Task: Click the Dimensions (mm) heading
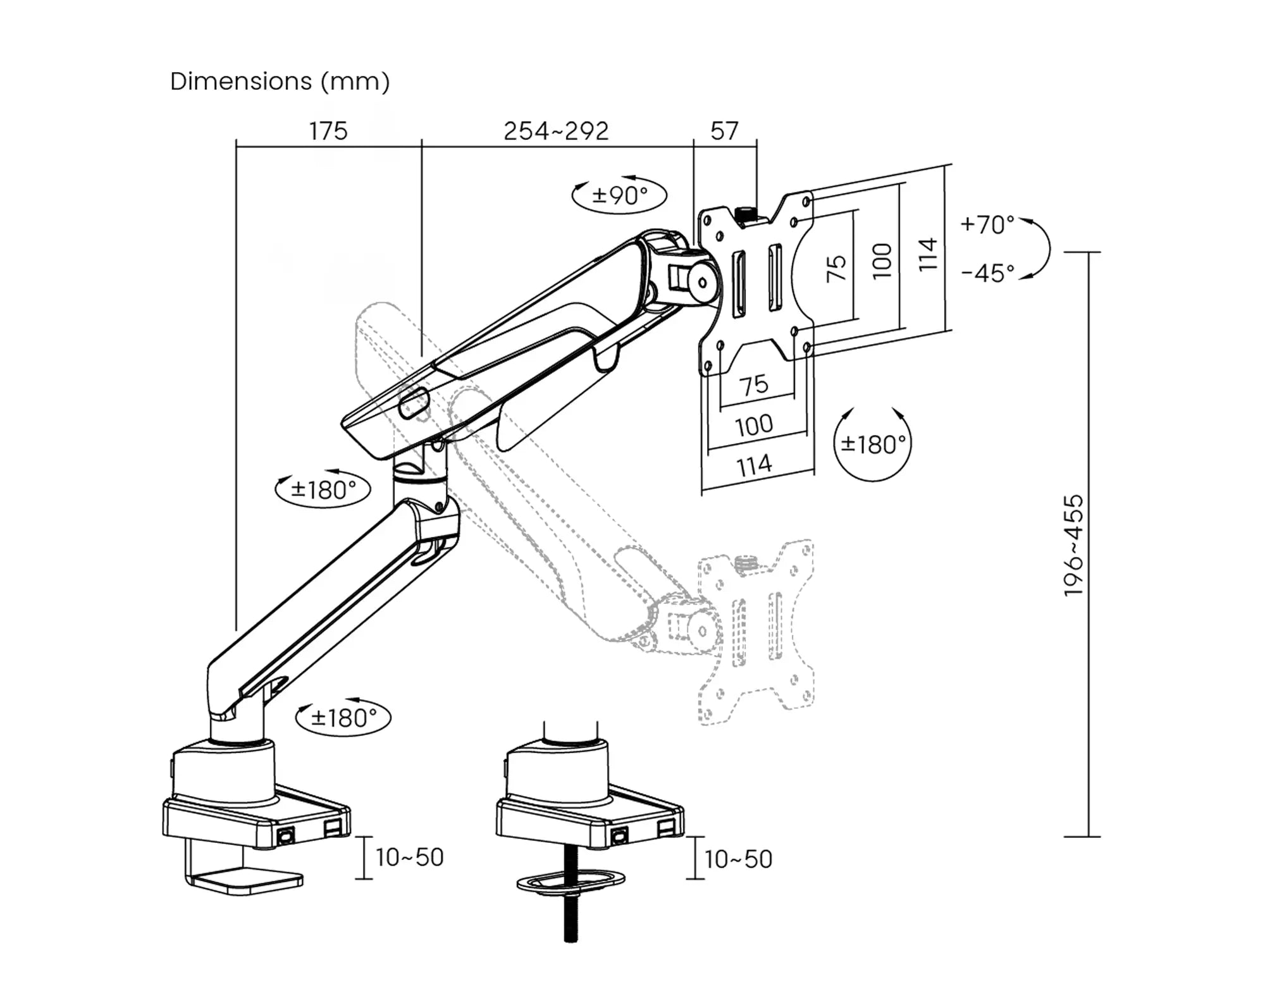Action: click(x=280, y=82)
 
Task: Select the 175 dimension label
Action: click(x=328, y=131)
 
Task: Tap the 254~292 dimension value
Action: click(x=556, y=131)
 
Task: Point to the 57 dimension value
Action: click(x=724, y=131)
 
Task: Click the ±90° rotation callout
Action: click(x=619, y=195)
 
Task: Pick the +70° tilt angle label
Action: click(x=987, y=224)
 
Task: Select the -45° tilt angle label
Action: click(x=987, y=273)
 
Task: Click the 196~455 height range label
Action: click(x=1073, y=545)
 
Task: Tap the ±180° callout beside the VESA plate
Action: click(x=873, y=444)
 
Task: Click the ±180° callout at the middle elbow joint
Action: click(x=323, y=489)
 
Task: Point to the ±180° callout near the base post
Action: click(x=343, y=718)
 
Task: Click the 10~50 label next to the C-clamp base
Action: click(x=410, y=857)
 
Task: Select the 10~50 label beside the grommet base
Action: click(x=738, y=859)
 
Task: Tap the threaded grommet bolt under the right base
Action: click(x=571, y=917)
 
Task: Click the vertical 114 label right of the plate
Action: click(x=927, y=254)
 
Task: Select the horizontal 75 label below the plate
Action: click(x=754, y=384)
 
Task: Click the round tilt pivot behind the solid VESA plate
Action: click(x=702, y=283)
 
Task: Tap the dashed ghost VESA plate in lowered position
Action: click(x=756, y=632)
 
